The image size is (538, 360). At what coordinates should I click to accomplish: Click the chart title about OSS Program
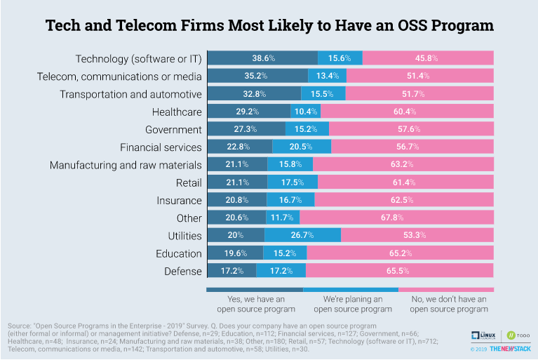click(x=269, y=26)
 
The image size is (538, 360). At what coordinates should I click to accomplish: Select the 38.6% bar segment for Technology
click(x=263, y=58)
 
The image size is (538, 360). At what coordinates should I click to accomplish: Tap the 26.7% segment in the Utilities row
click(x=302, y=236)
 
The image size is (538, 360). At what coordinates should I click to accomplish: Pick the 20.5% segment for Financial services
click(x=302, y=147)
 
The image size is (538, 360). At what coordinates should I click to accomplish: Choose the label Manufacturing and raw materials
click(x=126, y=165)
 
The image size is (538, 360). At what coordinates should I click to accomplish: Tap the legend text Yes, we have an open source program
click(x=255, y=303)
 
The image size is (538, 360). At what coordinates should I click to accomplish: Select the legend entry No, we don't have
click(x=448, y=303)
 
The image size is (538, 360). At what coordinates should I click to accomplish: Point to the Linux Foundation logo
click(x=483, y=335)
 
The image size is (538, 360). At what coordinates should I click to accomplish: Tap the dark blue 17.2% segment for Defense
click(x=231, y=271)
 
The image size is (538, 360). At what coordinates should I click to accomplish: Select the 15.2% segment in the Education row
click(x=285, y=253)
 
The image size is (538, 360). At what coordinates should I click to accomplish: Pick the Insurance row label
click(x=179, y=200)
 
